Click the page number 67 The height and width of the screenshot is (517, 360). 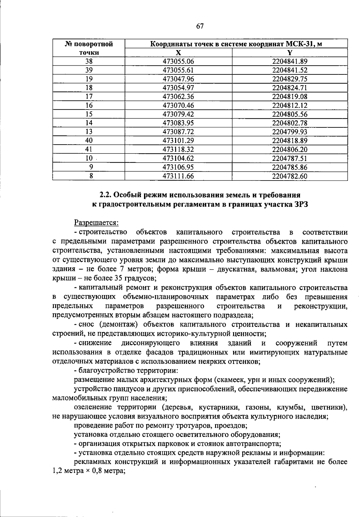[x=200, y=26]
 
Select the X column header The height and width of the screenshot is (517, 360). [x=178, y=53]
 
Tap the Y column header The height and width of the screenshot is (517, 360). [x=290, y=53]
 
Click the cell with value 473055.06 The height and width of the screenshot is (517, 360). [x=178, y=61]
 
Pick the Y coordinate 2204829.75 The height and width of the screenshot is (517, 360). [x=290, y=79]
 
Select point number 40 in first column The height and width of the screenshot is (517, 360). [x=89, y=140]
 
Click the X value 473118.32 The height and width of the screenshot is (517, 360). [x=178, y=149]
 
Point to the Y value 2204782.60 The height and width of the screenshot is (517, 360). [x=290, y=176]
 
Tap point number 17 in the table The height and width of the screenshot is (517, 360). [x=89, y=97]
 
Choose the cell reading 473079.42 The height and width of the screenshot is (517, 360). [x=178, y=114]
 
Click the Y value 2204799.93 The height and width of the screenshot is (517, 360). [x=290, y=132]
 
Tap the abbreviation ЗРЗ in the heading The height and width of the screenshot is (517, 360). [x=301, y=205]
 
